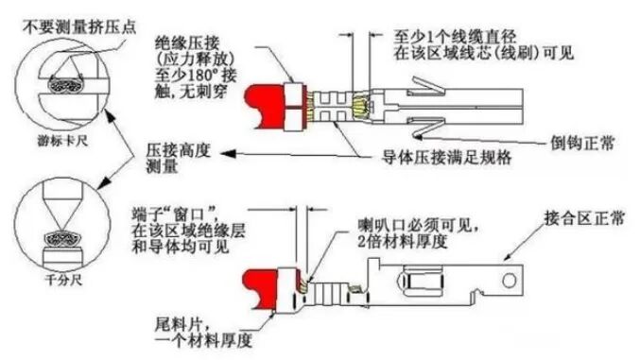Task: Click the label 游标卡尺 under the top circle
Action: [62, 141]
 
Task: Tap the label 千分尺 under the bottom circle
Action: [63, 280]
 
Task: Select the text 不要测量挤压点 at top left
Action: [79, 27]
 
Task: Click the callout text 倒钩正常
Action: [582, 143]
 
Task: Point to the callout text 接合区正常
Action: [584, 218]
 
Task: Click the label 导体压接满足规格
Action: [446, 157]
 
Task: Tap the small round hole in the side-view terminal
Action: [509, 281]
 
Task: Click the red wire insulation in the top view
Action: [266, 106]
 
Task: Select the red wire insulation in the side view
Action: [261, 289]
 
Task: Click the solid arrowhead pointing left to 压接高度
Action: [228, 154]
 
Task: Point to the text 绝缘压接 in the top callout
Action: [187, 43]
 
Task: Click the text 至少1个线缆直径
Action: [455, 37]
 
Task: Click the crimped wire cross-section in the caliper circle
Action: [66, 84]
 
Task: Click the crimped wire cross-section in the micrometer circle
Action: [62, 239]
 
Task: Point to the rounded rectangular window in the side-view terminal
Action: [422, 282]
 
